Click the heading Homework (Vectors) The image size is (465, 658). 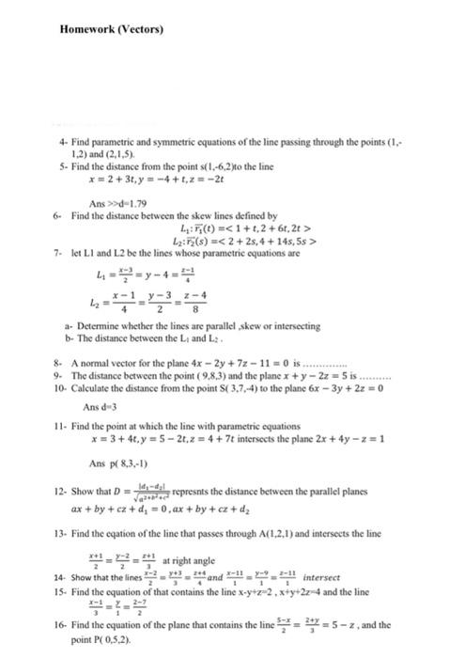click(x=111, y=29)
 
